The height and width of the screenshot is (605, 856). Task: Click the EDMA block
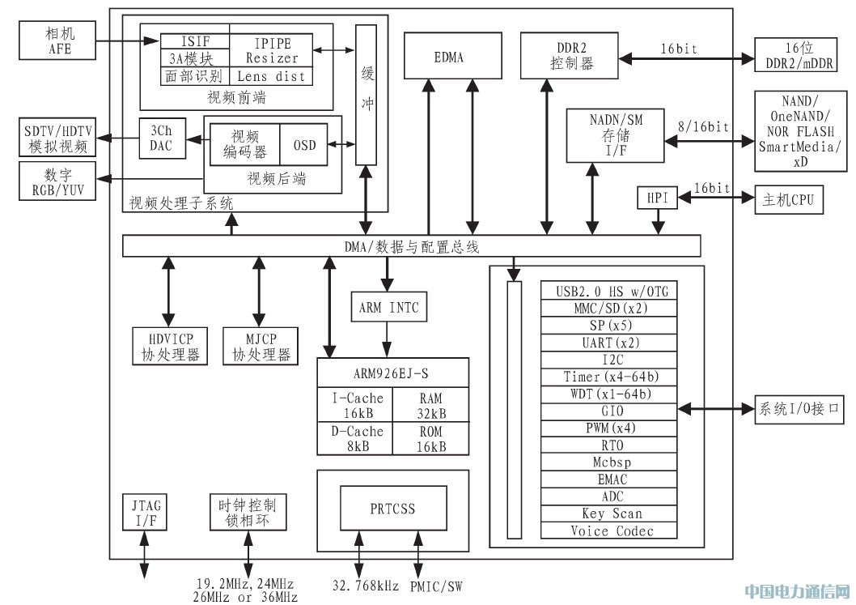pos(452,56)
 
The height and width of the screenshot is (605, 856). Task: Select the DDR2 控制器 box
pos(570,56)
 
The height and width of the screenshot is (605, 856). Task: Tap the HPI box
pos(657,198)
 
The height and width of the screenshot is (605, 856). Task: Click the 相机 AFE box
pos(57,40)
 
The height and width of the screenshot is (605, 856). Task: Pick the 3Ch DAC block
pos(162,138)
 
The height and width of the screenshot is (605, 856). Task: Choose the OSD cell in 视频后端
pos(304,145)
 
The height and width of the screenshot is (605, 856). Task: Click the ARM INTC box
pos(388,307)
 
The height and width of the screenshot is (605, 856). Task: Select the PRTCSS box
pos(393,509)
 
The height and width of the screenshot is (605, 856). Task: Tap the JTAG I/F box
pos(145,512)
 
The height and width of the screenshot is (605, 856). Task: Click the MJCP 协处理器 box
pos(261,347)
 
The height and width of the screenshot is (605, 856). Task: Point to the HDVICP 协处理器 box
pos(171,347)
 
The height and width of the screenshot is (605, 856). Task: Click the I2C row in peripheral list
pos(608,360)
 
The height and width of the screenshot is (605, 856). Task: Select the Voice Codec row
pos(608,530)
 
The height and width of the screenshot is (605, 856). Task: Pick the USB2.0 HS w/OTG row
pos(608,290)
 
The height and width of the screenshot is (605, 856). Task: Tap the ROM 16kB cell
pos(430,438)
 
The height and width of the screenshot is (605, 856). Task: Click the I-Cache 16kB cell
pos(355,405)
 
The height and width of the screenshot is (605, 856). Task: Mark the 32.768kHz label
pos(365,586)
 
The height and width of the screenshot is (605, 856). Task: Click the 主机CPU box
pos(788,199)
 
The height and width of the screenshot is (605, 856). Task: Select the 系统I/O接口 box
pos(799,408)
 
